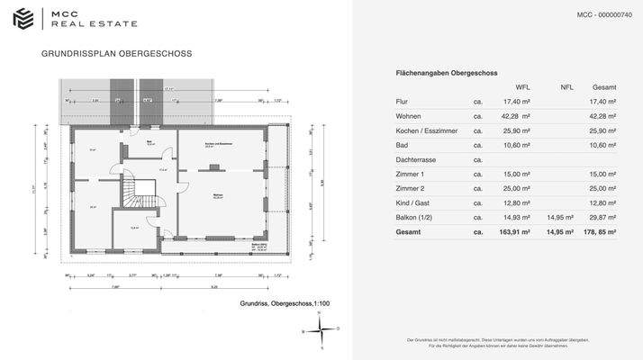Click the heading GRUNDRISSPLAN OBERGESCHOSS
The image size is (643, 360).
point(116,54)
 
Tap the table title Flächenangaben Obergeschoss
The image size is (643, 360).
point(447,72)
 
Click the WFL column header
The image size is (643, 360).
point(522,87)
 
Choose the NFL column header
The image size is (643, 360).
point(566,87)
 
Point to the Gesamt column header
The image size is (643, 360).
point(603,87)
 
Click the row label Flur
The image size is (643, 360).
point(402,102)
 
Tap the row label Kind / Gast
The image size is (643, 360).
point(412,202)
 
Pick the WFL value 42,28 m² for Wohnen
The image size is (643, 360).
point(516,116)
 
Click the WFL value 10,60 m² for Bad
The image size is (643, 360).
point(516,145)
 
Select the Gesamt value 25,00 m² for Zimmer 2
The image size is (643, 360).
point(601,188)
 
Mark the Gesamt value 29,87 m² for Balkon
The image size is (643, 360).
point(601,217)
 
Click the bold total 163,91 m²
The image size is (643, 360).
point(514,231)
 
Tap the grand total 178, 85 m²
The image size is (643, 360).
point(599,231)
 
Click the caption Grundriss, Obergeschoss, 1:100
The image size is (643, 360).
point(285,304)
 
